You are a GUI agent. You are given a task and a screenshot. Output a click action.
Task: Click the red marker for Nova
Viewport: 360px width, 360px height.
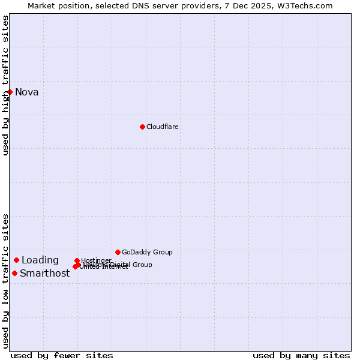point(10,92)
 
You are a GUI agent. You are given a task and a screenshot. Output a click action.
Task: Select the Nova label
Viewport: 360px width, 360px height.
point(27,92)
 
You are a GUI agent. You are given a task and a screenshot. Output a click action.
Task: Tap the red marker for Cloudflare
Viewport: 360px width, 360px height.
point(142,127)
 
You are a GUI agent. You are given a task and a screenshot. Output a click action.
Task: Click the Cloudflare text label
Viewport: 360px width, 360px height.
point(163,127)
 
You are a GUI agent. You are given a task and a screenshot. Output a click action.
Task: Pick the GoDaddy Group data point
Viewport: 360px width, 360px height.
point(118,252)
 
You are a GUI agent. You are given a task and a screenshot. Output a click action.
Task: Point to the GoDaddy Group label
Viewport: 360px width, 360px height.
point(147,252)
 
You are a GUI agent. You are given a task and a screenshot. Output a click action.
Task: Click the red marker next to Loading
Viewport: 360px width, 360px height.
point(17,260)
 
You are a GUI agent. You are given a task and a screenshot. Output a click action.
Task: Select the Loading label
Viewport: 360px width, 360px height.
point(40,260)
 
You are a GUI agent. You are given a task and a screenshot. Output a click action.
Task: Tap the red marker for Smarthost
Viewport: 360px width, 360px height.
point(14,273)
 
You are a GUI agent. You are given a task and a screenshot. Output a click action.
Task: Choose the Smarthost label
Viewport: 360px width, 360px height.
point(45,274)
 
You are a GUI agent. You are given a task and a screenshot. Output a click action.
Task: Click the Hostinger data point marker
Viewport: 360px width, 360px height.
point(77,260)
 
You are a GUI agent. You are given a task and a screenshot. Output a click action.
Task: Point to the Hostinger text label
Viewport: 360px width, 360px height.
point(96,260)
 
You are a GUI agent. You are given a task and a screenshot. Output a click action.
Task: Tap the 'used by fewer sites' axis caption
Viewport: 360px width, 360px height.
point(62,355)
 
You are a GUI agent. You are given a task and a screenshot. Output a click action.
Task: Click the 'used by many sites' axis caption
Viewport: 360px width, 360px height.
point(301,355)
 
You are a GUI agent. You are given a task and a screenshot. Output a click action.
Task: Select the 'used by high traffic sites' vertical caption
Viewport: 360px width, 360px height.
point(5,85)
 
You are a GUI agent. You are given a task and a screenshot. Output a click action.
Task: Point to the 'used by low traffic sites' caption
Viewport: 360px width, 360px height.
point(5,281)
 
